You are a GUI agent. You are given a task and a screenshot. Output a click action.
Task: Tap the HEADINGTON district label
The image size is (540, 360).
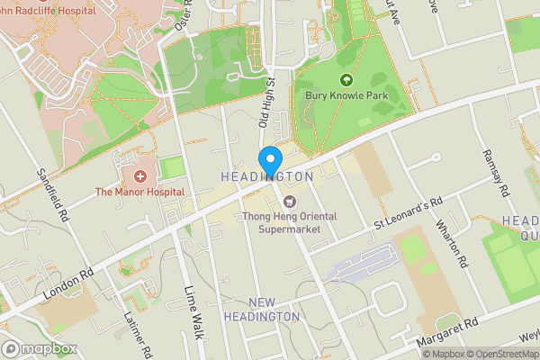coord(267,177)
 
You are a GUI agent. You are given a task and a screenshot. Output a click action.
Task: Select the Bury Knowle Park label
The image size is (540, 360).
coord(351,94)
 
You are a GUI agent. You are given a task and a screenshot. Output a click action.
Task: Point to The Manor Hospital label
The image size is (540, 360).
coord(139,192)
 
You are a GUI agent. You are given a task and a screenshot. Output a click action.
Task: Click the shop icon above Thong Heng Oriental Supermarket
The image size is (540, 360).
coord(288,201)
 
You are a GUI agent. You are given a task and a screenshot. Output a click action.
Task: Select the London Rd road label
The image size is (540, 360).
coord(67,280)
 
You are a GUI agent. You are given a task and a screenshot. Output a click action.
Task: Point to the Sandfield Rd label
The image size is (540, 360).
coord(53,196)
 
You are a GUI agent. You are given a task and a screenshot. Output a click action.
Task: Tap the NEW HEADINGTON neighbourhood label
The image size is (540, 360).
coord(261,310)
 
